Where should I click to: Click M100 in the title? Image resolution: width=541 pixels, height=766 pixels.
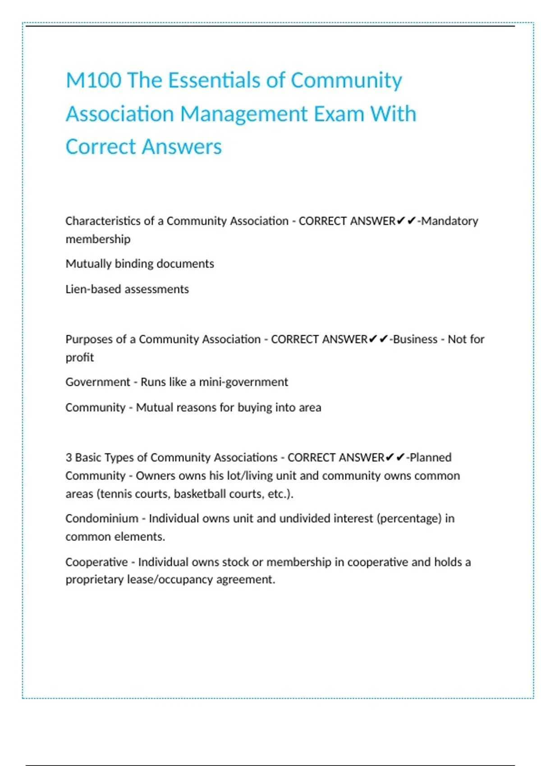[x=93, y=81]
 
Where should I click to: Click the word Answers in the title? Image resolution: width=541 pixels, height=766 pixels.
[x=184, y=147]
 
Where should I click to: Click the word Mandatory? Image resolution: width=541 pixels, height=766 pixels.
[x=449, y=221]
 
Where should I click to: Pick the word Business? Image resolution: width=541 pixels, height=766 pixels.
[x=415, y=339]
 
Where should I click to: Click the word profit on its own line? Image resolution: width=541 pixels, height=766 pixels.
[x=80, y=358]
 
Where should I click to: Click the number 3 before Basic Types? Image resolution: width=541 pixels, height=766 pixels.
[x=69, y=458]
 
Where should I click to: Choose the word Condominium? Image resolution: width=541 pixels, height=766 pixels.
[x=102, y=519]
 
